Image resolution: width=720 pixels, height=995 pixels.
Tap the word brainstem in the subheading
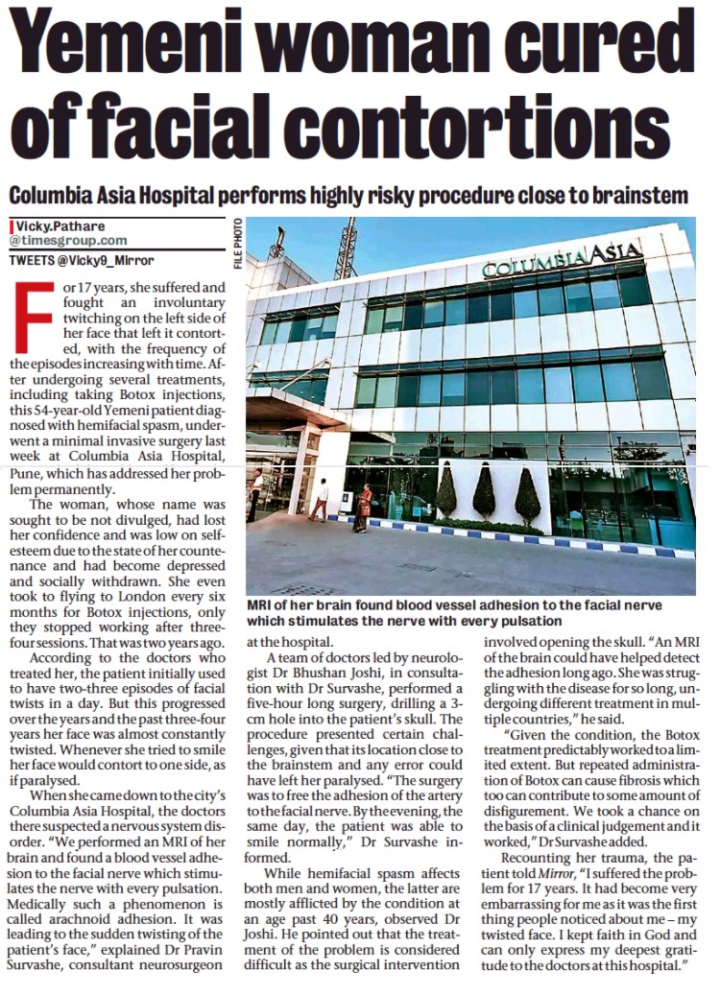[636, 195]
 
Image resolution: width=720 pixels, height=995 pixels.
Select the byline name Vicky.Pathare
[59, 225]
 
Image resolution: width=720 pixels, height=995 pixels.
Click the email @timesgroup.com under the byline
[68, 240]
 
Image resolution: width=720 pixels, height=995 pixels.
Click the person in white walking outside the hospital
[320, 500]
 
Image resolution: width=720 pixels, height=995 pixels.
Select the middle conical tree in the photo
[485, 493]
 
